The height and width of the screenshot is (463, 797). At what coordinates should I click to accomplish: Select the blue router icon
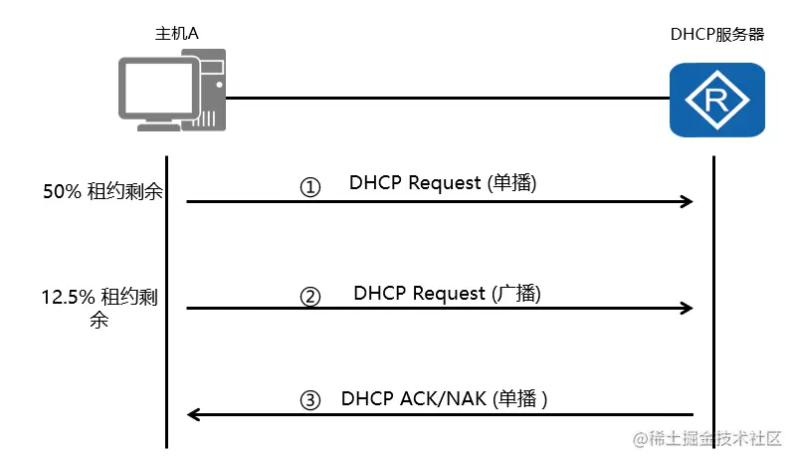click(716, 100)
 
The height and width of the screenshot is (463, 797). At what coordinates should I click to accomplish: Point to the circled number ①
click(311, 187)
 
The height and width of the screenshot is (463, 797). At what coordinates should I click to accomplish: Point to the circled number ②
click(311, 296)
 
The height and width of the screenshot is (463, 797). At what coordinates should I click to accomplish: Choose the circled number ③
click(311, 400)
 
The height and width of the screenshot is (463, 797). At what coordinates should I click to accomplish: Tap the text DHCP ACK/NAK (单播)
click(445, 398)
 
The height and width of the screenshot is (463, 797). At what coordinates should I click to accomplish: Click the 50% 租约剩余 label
click(102, 193)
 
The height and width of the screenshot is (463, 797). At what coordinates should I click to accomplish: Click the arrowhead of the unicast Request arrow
click(686, 202)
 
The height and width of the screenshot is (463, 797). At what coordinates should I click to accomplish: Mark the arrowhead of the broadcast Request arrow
click(686, 309)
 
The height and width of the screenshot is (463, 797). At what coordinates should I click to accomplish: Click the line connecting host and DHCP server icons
click(448, 99)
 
